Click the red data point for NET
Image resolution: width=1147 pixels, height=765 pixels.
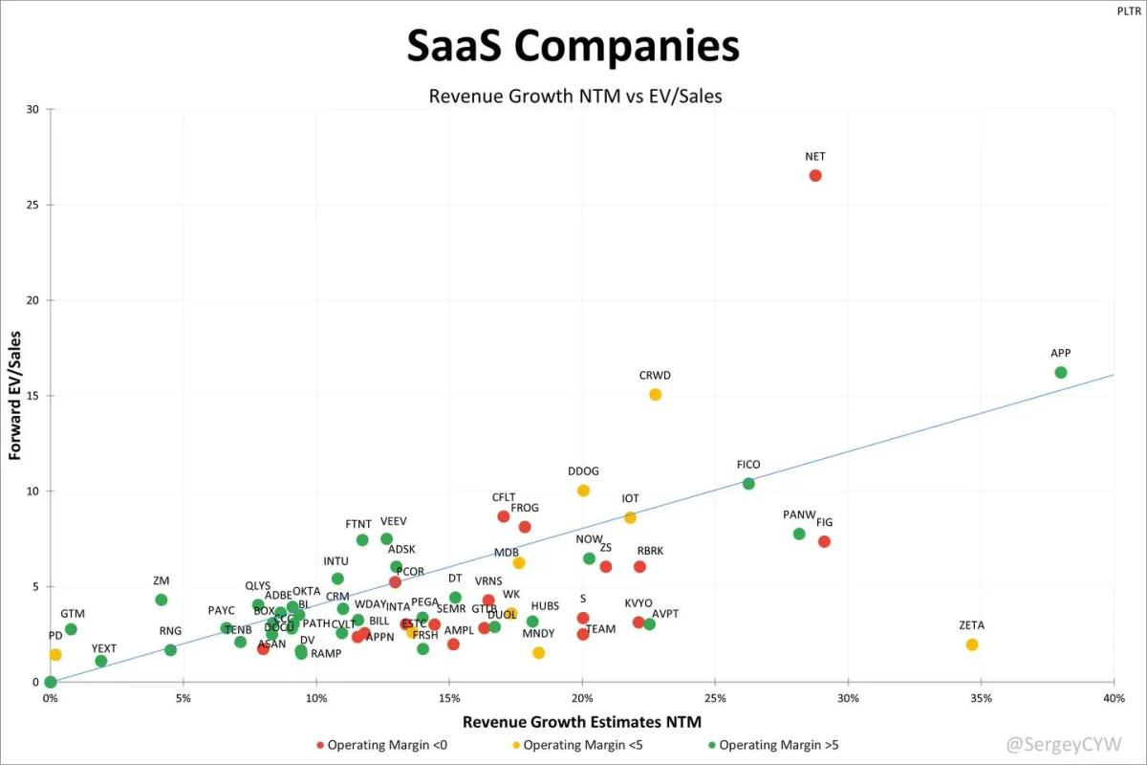tap(815, 175)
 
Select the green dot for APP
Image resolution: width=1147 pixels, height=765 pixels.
tap(1060, 372)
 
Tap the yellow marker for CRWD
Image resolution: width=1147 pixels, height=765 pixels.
tap(655, 394)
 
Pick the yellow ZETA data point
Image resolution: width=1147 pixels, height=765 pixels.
tap(972, 645)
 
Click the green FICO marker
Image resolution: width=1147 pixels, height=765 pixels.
tap(748, 484)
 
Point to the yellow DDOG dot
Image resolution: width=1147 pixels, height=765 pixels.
tap(583, 491)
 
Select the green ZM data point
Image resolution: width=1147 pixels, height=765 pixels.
tap(162, 600)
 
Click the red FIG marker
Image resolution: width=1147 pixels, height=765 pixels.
tap(824, 541)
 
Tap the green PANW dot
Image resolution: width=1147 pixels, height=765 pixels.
tap(799, 534)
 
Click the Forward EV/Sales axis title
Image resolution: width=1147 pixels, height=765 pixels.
tap(16, 395)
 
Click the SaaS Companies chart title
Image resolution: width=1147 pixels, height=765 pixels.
tap(573, 46)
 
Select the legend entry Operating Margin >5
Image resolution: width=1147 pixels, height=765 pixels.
tap(777, 745)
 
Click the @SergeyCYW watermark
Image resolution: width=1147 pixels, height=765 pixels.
tap(1063, 743)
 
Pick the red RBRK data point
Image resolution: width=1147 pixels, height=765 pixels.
tap(639, 566)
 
